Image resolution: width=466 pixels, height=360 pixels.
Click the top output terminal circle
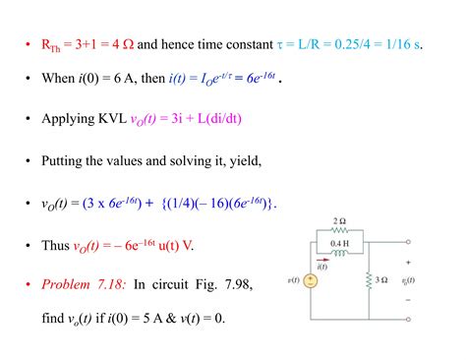408,241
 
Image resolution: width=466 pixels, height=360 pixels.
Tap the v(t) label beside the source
291,282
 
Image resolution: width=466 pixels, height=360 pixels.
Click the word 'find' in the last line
54,319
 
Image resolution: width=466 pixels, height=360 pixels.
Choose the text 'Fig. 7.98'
222,284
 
